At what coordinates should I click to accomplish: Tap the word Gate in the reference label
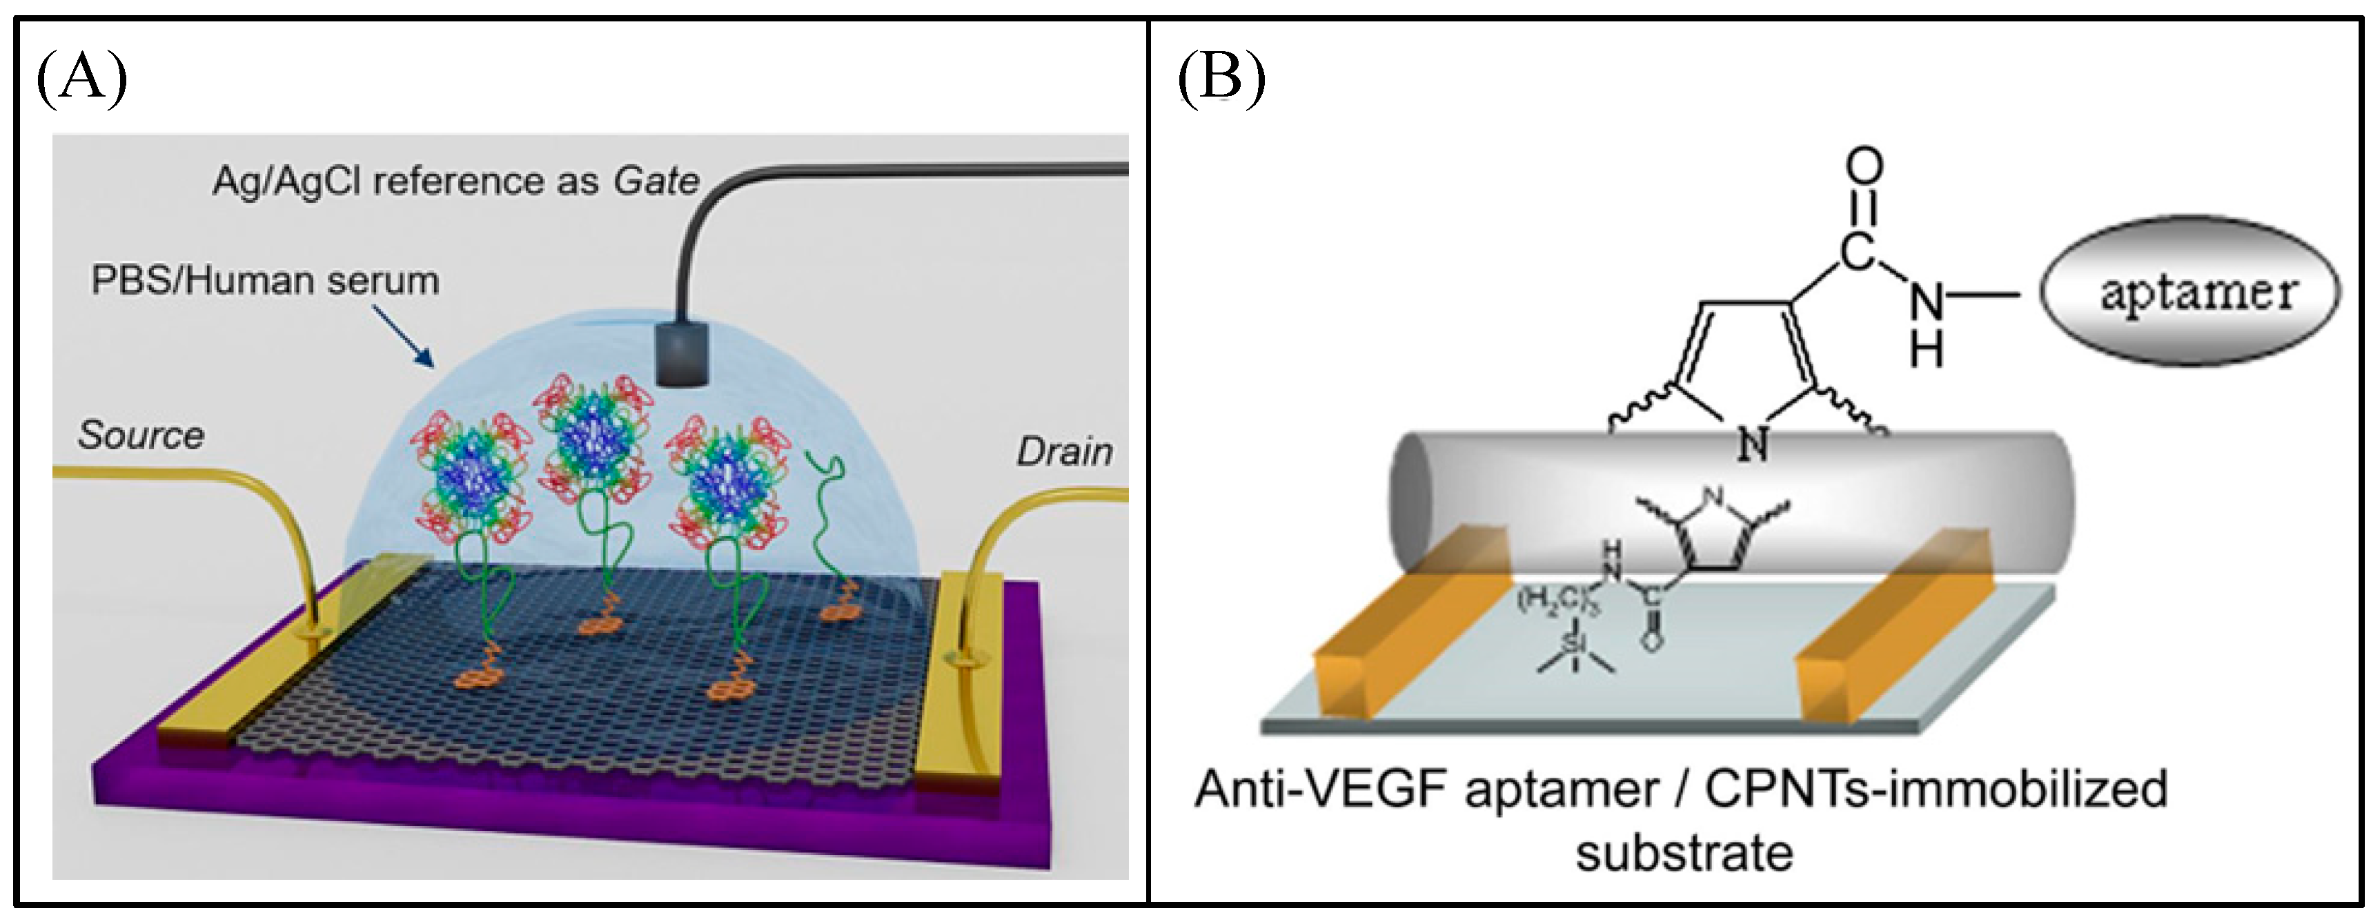(656, 181)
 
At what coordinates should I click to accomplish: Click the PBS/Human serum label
(264, 280)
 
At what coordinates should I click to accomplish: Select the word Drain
(1064, 452)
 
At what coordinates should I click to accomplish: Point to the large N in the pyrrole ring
(1753, 444)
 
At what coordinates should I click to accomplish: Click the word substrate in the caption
(1683, 852)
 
